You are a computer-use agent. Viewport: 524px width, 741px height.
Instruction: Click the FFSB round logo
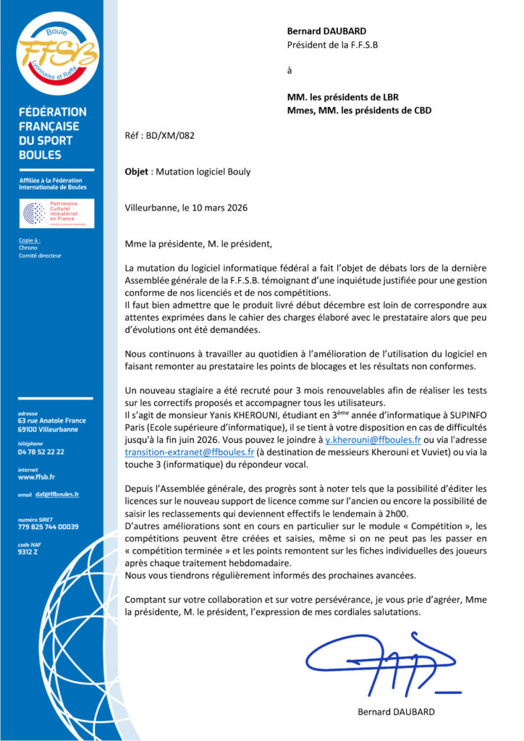58,54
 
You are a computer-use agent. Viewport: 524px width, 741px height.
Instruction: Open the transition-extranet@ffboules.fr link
188,452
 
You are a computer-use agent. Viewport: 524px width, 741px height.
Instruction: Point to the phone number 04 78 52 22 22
41,452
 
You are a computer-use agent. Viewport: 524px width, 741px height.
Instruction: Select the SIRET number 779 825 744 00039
48,527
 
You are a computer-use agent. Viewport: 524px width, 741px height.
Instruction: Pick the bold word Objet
138,172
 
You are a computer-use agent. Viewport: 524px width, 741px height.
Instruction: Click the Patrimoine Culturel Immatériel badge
57,214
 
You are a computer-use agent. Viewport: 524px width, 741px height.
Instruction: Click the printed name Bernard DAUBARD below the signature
396,711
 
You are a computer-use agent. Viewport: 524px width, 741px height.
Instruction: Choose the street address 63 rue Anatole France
51,420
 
